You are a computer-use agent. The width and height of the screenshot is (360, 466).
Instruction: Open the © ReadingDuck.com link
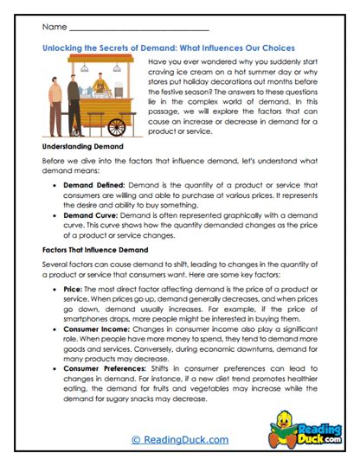(x=179, y=439)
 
